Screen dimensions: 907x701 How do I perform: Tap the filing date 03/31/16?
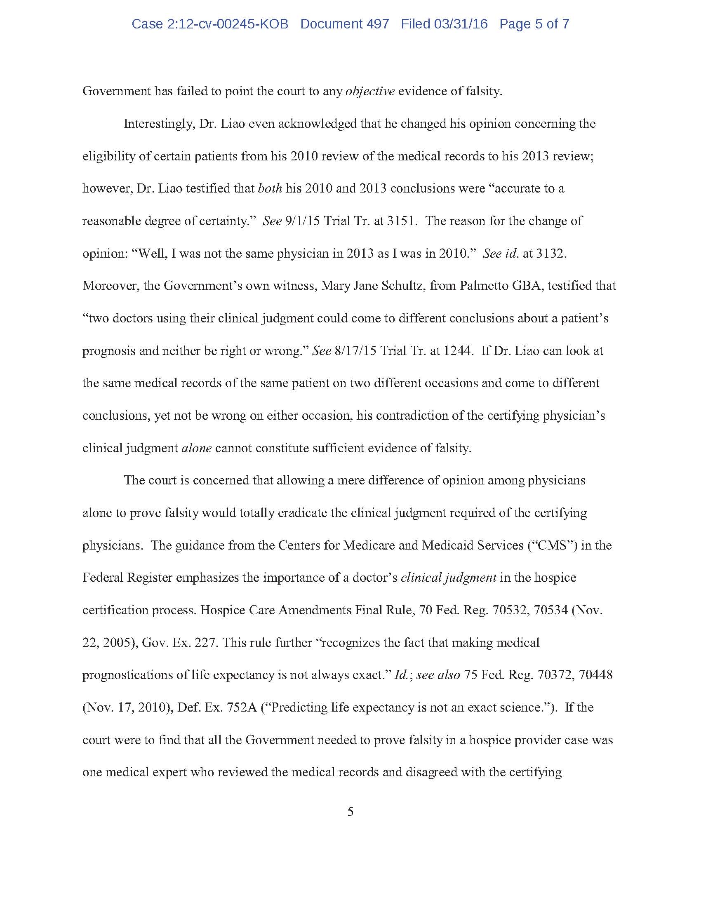point(461,24)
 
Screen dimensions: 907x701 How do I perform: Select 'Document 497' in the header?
point(345,24)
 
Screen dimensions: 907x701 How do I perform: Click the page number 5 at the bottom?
point(350,811)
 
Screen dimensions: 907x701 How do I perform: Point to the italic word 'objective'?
point(370,92)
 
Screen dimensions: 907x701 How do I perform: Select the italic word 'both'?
point(270,188)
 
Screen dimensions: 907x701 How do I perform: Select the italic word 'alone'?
point(197,448)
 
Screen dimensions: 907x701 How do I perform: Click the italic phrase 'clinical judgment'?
point(449,578)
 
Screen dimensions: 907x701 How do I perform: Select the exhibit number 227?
point(205,642)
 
